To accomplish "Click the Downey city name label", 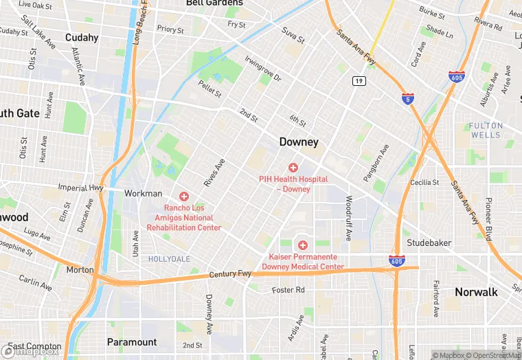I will click(x=299, y=142).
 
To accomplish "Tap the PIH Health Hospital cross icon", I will click(x=293, y=168).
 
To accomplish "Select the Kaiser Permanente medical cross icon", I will click(x=302, y=245).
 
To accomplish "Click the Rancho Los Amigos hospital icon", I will click(x=183, y=196).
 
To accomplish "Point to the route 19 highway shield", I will click(x=358, y=81).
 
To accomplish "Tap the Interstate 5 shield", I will click(x=408, y=100).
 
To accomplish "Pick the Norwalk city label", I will click(x=476, y=292).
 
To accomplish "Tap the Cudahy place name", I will click(x=82, y=37).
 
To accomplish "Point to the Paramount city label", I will click(x=132, y=341).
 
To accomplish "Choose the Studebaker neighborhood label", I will click(x=428, y=243).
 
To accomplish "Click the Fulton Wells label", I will click(x=486, y=131).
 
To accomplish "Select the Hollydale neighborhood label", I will click(x=168, y=258).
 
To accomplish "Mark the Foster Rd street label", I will click(x=288, y=291).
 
